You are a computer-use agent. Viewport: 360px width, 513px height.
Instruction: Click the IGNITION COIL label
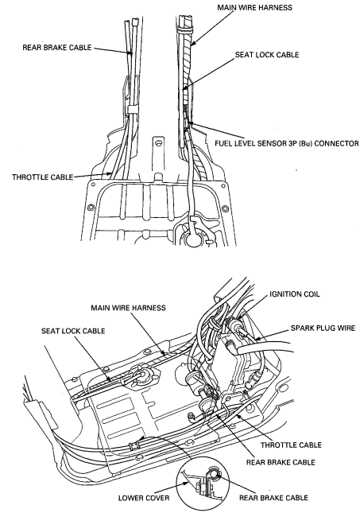(x=294, y=294)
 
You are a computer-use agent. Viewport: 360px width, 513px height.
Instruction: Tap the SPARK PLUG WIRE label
(x=323, y=328)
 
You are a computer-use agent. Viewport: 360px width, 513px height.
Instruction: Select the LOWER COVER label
(x=144, y=498)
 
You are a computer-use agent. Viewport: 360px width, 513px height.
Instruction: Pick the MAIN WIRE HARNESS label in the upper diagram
(x=255, y=7)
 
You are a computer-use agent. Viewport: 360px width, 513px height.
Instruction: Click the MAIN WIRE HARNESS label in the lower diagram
(x=128, y=308)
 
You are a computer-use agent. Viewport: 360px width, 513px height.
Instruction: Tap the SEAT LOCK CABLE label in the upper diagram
(x=267, y=55)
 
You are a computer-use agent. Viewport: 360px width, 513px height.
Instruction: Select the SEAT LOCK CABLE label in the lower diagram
(x=73, y=331)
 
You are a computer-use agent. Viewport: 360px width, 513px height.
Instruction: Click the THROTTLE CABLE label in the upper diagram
(x=42, y=177)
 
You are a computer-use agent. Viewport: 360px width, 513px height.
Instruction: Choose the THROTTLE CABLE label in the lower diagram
(x=291, y=445)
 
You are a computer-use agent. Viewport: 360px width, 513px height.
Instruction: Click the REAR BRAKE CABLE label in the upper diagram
(x=57, y=48)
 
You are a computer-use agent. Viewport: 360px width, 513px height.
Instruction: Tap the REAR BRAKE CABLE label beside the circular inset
(x=273, y=498)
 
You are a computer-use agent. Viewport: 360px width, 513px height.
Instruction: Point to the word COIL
(x=312, y=294)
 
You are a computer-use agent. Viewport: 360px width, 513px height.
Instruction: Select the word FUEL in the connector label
(x=223, y=144)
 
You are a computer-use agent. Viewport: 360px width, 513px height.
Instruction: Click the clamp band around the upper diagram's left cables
(x=133, y=109)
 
